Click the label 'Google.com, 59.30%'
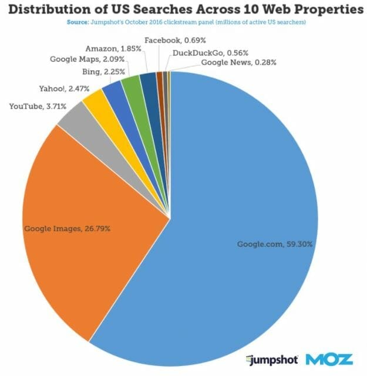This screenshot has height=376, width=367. click(267, 244)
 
